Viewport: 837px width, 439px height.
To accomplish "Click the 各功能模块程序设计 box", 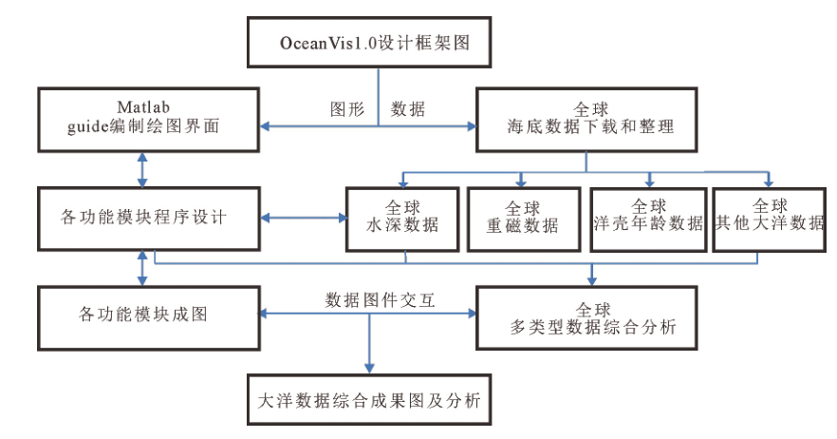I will (x=149, y=217).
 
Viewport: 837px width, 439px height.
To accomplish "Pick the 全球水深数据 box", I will (x=403, y=218).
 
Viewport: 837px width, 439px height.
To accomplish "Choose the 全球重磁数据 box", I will (x=522, y=218).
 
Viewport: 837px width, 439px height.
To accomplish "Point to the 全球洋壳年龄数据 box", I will (x=649, y=218).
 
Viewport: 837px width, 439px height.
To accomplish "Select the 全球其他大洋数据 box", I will (x=769, y=218).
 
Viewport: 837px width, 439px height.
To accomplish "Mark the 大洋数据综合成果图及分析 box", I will (x=369, y=401).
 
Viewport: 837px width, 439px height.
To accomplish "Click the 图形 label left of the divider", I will (x=346, y=109).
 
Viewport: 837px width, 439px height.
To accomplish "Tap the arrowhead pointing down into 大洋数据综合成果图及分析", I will (x=368, y=370).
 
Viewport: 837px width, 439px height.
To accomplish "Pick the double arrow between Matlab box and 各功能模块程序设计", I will (x=142, y=167).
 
